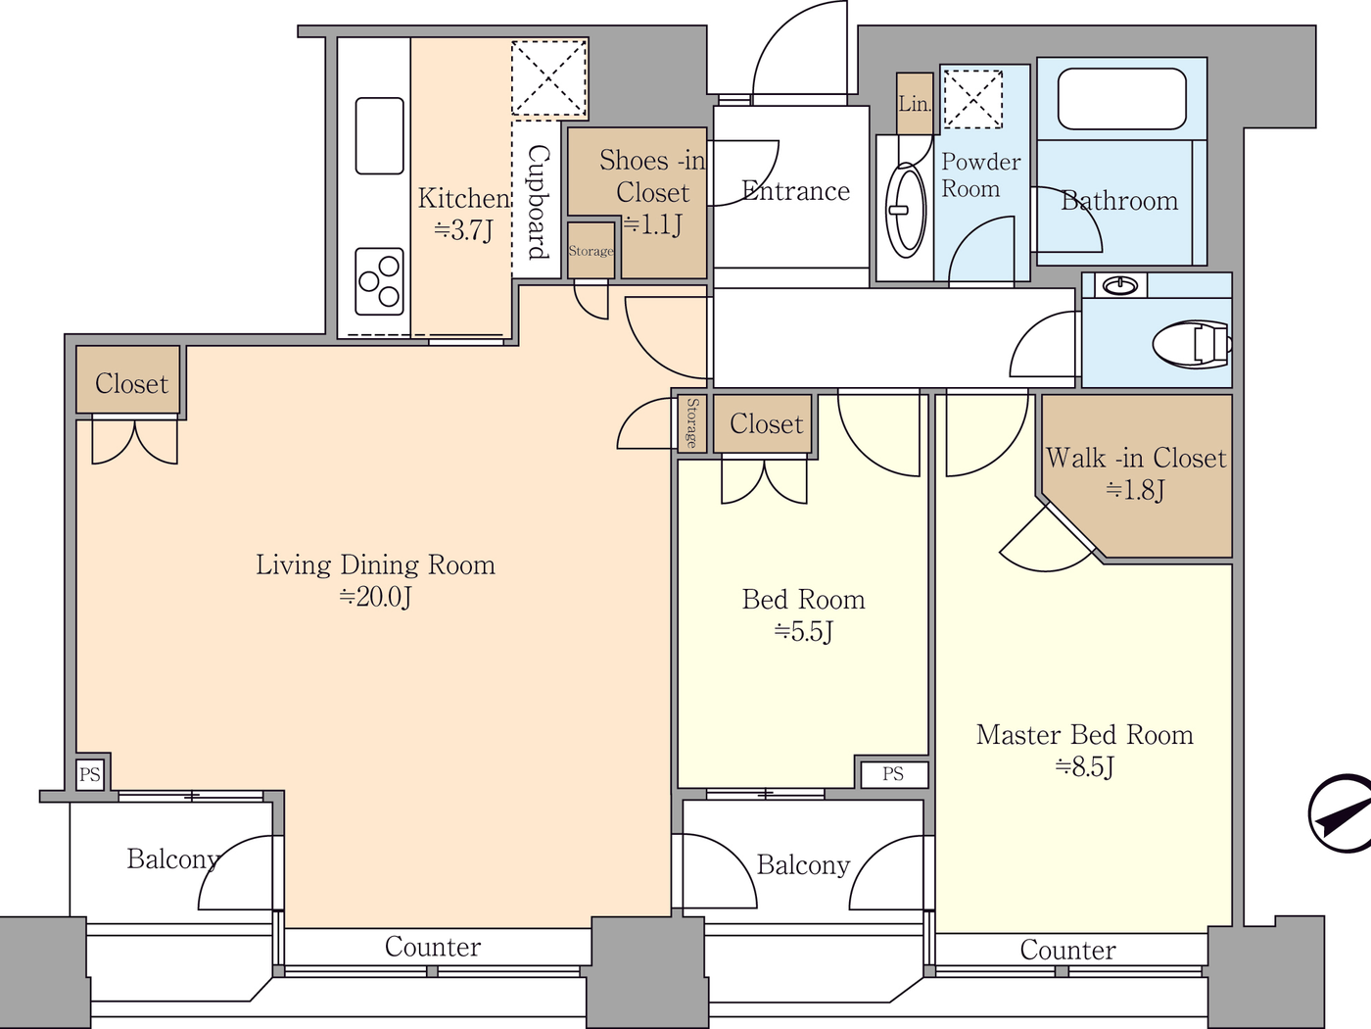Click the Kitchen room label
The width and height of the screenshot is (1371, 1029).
click(463, 213)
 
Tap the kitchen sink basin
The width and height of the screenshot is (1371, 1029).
click(379, 135)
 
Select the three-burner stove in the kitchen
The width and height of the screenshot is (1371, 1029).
click(379, 280)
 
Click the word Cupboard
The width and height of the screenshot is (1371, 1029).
click(538, 202)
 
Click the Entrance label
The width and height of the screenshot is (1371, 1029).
click(795, 191)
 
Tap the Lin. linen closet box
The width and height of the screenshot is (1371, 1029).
click(915, 104)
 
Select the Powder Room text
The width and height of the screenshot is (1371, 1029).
click(980, 174)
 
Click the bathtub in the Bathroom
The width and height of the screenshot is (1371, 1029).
click(1121, 99)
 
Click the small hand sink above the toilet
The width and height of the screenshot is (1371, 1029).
click(1119, 285)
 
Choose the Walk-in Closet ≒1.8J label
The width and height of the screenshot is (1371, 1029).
click(1135, 472)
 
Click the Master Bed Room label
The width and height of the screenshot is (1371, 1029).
click(1084, 749)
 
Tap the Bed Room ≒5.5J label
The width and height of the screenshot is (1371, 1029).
click(803, 613)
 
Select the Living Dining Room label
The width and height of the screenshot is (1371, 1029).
click(375, 578)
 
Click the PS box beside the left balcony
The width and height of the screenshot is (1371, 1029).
click(90, 774)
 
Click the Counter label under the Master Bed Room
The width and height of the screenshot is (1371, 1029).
click(1067, 950)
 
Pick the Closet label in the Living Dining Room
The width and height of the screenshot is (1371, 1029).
click(131, 383)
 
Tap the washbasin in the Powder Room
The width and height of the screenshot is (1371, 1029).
click(907, 210)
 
